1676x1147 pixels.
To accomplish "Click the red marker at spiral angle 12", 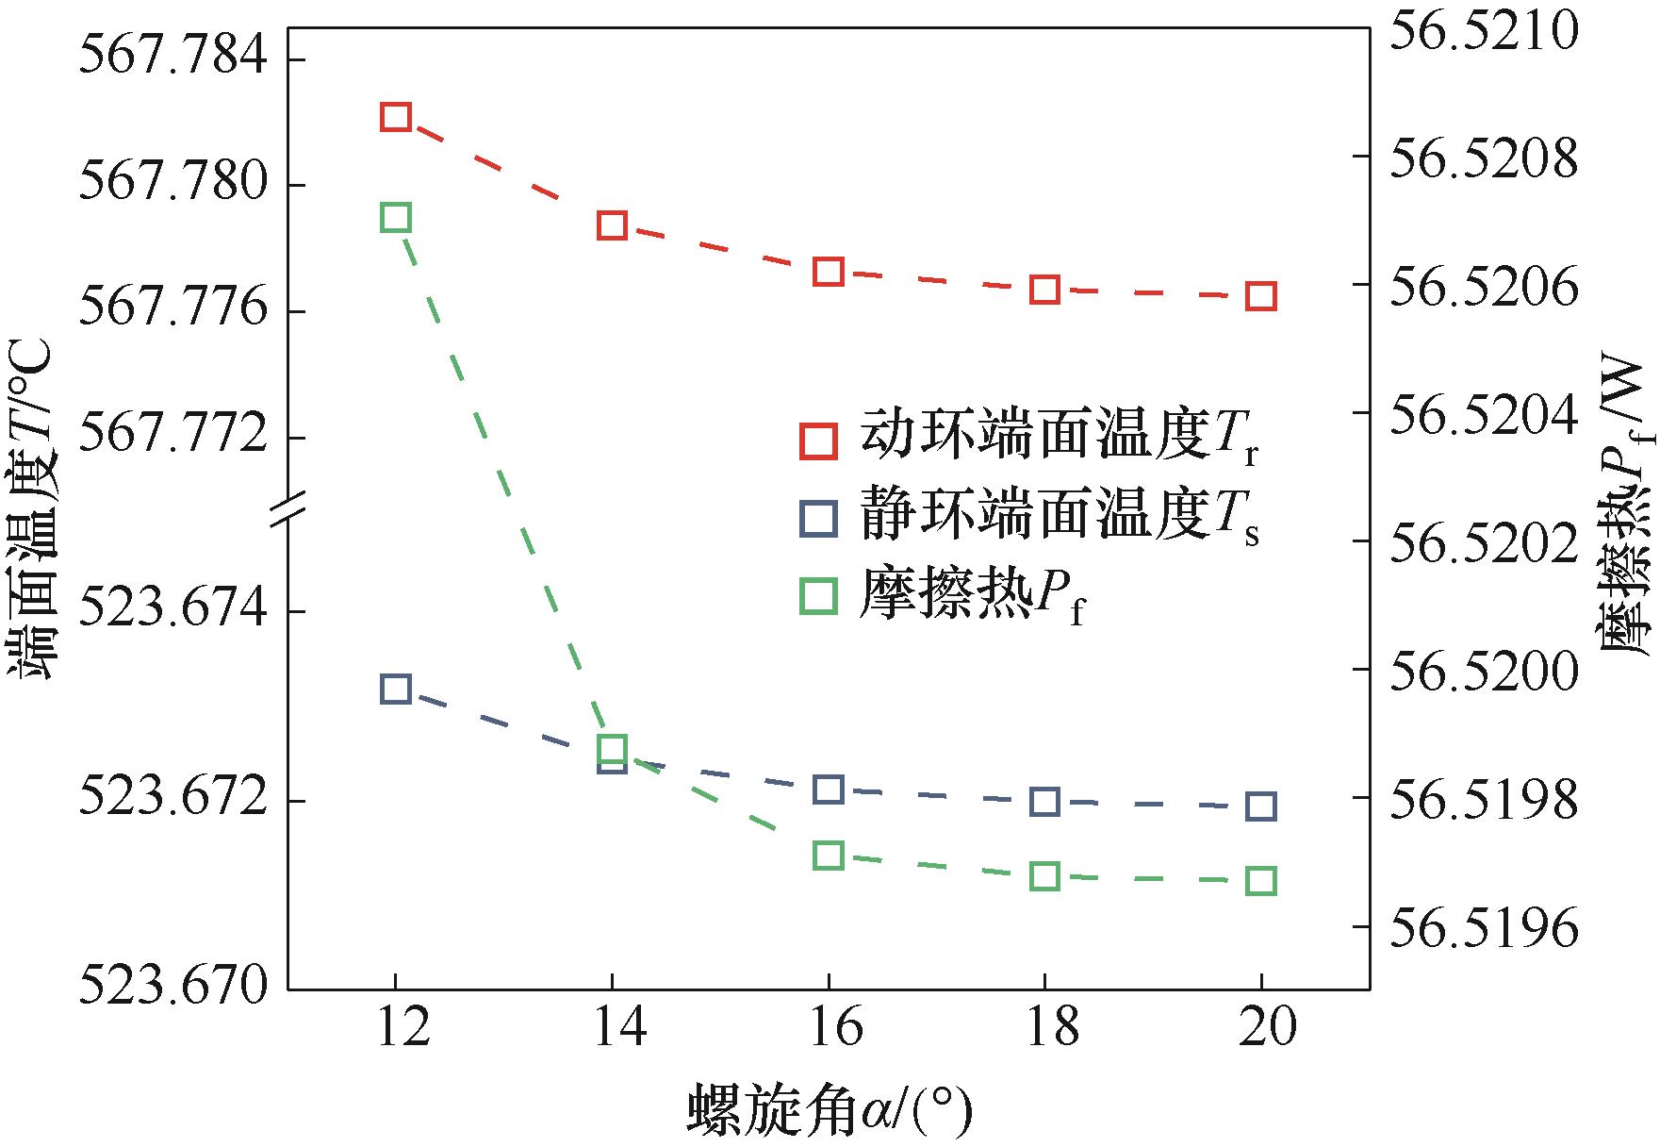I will coord(396,117).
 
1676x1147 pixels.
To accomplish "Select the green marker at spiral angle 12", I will coord(396,218).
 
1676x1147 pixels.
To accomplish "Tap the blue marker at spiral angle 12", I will coord(396,689).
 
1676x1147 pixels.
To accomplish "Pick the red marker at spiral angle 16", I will coord(828,272).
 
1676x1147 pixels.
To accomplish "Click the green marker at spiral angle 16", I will coord(828,856).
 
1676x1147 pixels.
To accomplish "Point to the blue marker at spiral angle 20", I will coord(1261,806).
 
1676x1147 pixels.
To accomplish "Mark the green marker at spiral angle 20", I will coord(1261,881).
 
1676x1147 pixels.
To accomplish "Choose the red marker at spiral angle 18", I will coord(1044,290).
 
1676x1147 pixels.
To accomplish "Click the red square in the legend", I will coord(817,441).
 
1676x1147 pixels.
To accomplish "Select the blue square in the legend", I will coord(817,519).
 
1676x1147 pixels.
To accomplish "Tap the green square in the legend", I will coord(817,596).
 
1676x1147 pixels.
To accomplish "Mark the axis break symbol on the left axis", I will coord(288,508).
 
